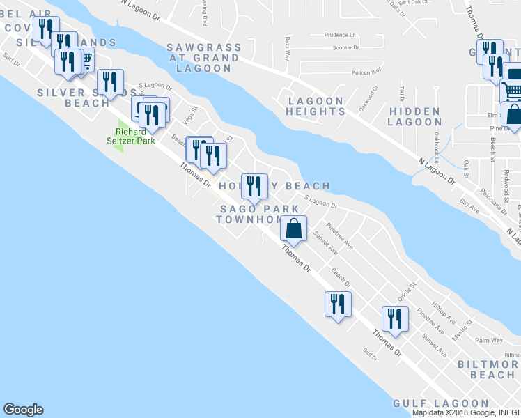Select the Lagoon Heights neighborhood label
[x=316, y=106]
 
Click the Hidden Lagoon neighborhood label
[x=414, y=116]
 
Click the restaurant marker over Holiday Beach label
[x=254, y=187]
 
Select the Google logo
[x=23, y=410]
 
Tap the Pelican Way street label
[x=366, y=72]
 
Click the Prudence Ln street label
[x=340, y=34]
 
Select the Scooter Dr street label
[x=345, y=48]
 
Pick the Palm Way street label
[x=489, y=340]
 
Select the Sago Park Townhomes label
[x=254, y=214]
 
